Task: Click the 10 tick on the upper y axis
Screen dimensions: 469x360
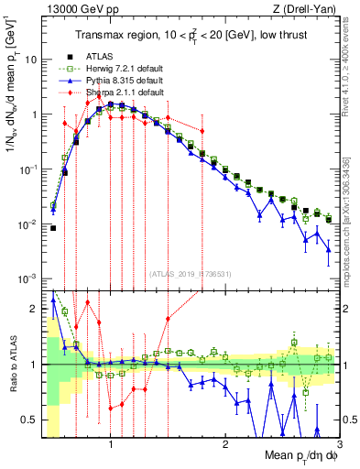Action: point(31,60)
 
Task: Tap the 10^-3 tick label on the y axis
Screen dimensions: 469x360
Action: point(28,278)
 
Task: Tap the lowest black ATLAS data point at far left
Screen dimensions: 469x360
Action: point(53,228)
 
